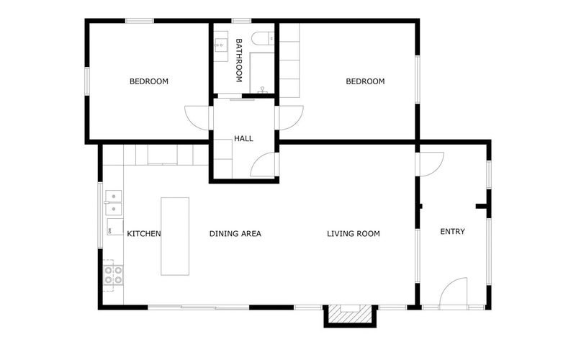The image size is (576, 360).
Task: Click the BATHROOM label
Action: (239, 60)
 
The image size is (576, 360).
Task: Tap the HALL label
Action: (243, 138)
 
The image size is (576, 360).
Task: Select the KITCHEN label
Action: (143, 233)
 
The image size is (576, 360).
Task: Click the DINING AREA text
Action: (235, 233)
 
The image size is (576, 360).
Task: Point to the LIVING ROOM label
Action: (354, 233)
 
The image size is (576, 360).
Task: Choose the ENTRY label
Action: (453, 231)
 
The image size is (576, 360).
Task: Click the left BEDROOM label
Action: (149, 81)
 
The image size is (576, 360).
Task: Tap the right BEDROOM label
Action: (365, 81)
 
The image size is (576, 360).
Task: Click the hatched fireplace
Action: (350, 314)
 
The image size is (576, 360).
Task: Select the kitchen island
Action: (175, 236)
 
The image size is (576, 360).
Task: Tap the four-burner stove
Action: (113, 275)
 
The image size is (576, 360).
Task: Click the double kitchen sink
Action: (114, 202)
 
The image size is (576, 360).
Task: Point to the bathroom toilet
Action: (263, 38)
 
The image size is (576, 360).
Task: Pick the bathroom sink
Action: (221, 45)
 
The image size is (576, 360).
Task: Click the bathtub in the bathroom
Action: (262, 73)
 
